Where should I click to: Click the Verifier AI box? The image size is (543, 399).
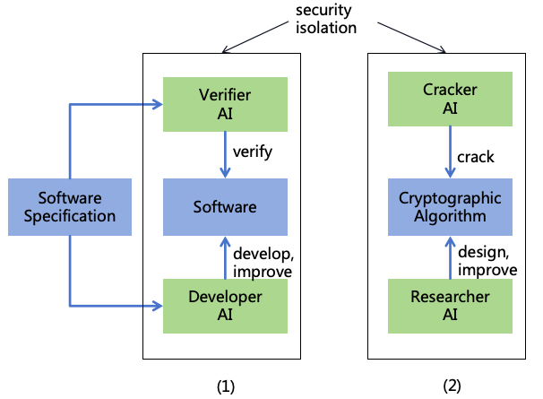(x=225, y=105)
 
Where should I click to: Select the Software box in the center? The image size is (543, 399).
(x=225, y=207)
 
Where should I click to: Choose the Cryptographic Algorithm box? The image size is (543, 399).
(x=449, y=207)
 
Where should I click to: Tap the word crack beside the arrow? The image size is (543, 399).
(x=476, y=157)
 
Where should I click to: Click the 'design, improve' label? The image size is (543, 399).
(x=487, y=261)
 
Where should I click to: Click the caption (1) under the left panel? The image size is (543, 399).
(x=225, y=386)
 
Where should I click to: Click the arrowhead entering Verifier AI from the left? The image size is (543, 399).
(x=156, y=105)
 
